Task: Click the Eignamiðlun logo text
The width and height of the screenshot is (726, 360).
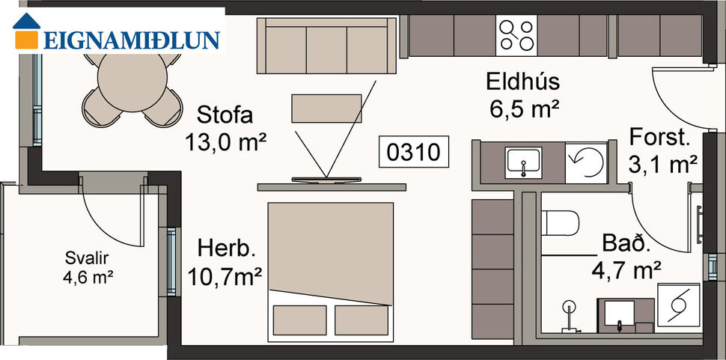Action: (x=132, y=39)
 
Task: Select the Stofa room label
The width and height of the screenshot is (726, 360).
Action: (x=225, y=115)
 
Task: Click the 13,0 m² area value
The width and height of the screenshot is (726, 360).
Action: (x=226, y=141)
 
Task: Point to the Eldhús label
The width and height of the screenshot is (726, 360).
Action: (x=522, y=82)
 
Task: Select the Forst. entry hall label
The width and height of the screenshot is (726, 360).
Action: (x=659, y=137)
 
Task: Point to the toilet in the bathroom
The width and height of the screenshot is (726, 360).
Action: (x=560, y=223)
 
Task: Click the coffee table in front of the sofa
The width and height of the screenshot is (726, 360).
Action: (x=326, y=108)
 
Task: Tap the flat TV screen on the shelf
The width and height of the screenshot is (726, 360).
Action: (x=326, y=180)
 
